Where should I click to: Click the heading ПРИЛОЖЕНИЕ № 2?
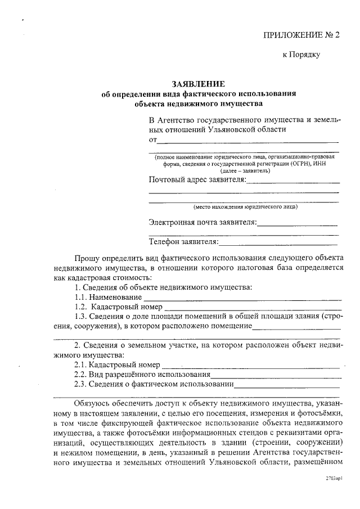(x=301, y=35)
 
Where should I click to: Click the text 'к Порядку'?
(x=300, y=55)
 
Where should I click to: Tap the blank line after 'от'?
(x=247, y=140)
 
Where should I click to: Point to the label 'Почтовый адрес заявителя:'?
(x=197, y=179)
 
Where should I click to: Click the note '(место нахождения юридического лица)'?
(x=245, y=206)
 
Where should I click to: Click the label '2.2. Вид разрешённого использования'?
(x=142, y=375)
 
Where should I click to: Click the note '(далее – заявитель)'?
(x=245, y=170)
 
